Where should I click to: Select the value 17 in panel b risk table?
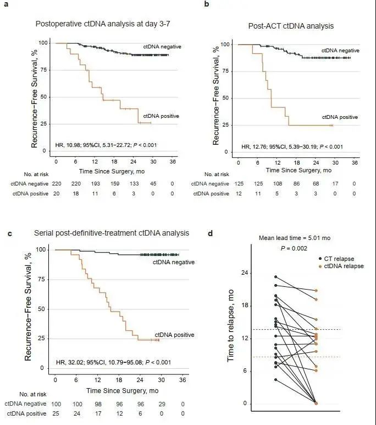335,183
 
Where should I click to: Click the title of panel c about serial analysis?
98,233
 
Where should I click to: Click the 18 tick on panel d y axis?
245,306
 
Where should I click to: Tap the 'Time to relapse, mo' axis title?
231,328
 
